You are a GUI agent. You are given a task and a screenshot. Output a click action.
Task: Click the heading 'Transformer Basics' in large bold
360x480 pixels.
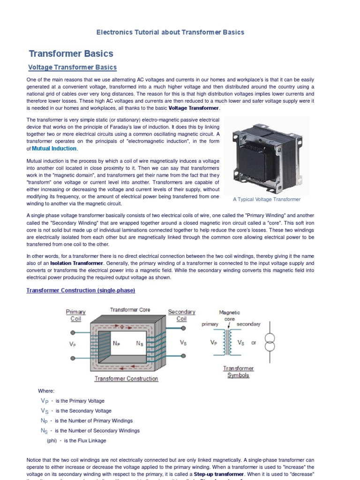coord(71,53)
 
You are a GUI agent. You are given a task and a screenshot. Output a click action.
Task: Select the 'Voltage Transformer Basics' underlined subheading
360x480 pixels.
coord(72,67)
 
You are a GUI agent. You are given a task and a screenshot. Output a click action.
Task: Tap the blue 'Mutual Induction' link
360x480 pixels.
coord(54,149)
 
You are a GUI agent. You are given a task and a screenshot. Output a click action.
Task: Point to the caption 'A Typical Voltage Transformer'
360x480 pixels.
coord(267,199)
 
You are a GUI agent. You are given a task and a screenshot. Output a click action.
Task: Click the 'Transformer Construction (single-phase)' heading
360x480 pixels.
coord(81,291)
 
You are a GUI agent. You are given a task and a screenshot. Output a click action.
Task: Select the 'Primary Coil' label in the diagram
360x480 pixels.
coord(75,315)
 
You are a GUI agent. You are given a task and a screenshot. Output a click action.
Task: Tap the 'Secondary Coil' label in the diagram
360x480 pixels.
coord(181,315)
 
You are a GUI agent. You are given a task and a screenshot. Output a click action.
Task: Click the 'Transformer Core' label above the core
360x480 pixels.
coord(130,310)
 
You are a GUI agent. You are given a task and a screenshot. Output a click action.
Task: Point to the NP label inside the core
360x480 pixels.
coord(117,343)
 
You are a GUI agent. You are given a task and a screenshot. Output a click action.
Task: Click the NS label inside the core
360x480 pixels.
coord(140,343)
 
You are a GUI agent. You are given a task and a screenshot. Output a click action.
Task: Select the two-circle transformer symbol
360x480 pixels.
coord(270,343)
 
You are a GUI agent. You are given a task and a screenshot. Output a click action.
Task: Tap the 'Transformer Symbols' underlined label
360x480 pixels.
coord(238,372)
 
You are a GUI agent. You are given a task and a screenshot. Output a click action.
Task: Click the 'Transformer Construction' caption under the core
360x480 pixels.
coord(126,379)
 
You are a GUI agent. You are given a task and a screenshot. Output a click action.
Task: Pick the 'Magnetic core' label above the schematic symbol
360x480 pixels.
coord(229,315)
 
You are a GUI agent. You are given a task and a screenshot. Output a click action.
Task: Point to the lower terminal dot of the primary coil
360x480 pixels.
coord(72,359)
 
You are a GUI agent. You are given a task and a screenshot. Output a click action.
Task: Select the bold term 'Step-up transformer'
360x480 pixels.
coord(216,474)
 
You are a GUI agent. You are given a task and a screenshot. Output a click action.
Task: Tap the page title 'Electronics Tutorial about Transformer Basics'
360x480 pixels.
coord(170,32)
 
